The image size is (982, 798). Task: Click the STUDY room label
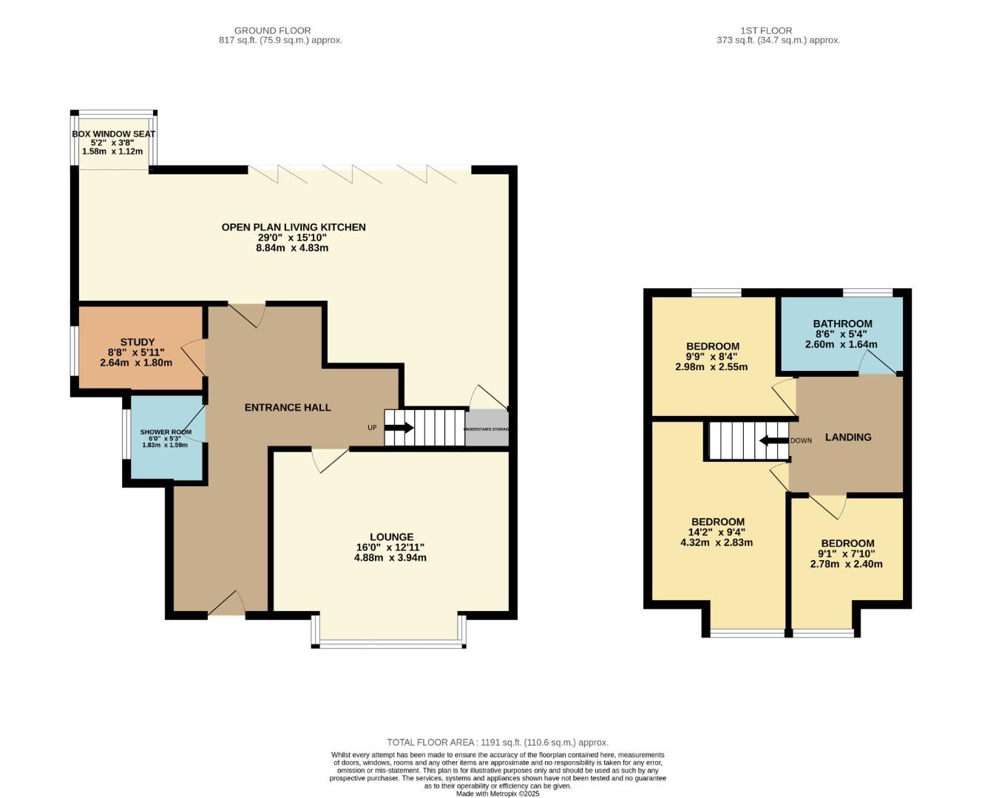coord(137,342)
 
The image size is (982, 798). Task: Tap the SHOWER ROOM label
coord(166,432)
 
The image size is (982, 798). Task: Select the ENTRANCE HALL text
coord(288,407)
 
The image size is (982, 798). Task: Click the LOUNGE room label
coord(391,537)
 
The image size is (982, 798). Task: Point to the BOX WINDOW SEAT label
coord(113,134)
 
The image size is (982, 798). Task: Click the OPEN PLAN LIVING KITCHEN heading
coord(294,227)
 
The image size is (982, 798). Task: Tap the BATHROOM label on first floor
coord(842,324)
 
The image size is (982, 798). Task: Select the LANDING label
coord(848,437)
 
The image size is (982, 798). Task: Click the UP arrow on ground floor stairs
coord(399,428)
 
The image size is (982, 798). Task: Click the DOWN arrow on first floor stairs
coord(773,441)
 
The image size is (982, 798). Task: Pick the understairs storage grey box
coord(487,429)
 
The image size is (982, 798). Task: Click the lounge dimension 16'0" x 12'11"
coord(390,548)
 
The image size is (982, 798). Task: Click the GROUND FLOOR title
coord(272,30)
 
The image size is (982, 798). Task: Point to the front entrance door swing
coord(227,603)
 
